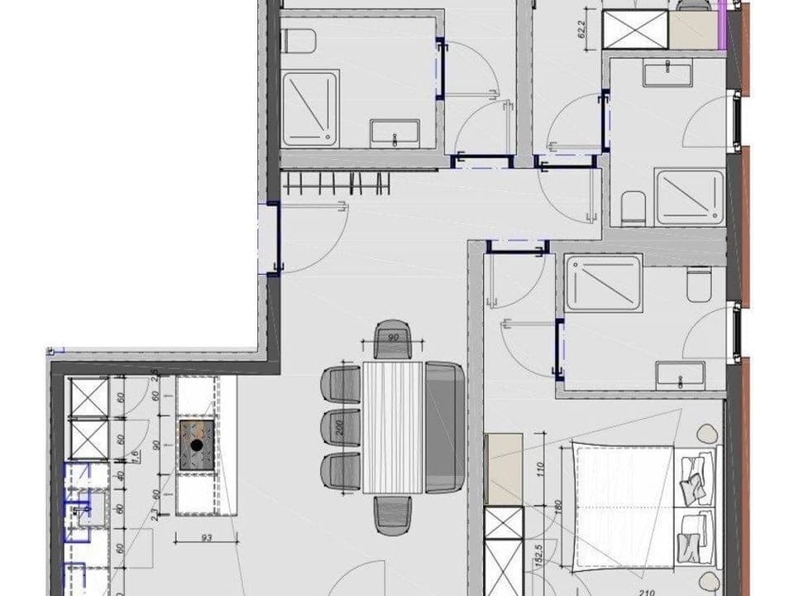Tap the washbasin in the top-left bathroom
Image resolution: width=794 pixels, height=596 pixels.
395,132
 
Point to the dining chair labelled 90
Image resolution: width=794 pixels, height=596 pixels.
393,339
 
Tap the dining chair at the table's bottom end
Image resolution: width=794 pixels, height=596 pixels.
393,514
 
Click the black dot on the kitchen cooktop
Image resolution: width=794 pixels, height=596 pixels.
196,445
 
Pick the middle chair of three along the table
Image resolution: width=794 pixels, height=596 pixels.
340,428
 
